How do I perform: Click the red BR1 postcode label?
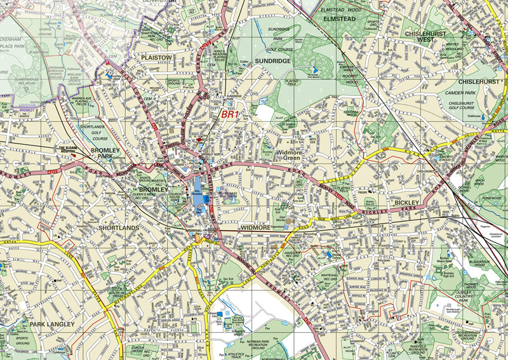pos(230,115)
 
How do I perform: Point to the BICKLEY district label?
pos(407,203)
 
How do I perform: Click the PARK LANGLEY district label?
pos(51,324)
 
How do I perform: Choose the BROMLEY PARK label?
pos(105,154)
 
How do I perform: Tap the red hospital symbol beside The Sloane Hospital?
pos(82,154)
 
